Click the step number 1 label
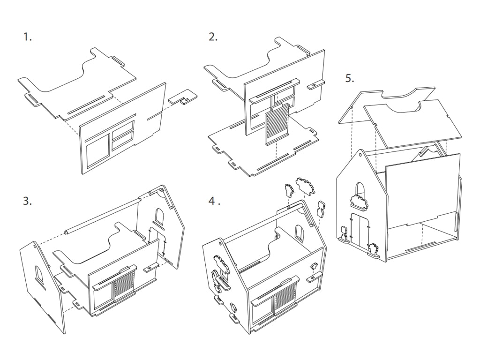pos(28,37)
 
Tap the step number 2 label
pos(213,37)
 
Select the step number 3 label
pos(28,202)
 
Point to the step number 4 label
pos(214,202)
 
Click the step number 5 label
pos(350,78)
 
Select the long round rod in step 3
pos(103,216)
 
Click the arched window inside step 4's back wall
pos(299,232)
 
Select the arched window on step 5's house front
pos(359,190)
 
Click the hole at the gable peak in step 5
pos(360,155)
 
